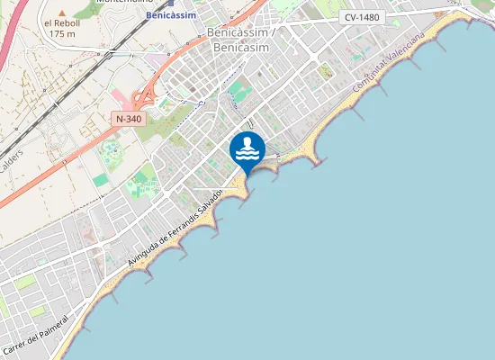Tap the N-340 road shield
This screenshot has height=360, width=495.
pyautogui.click(x=128, y=119)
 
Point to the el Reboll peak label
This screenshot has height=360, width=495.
pyautogui.click(x=61, y=22)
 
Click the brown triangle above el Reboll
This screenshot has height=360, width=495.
pyautogui.click(x=62, y=12)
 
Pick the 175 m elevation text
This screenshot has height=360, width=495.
pyautogui.click(x=61, y=33)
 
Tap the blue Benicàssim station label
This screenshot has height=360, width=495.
pyautogui.click(x=170, y=16)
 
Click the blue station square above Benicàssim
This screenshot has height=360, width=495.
pyautogui.click(x=170, y=3)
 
